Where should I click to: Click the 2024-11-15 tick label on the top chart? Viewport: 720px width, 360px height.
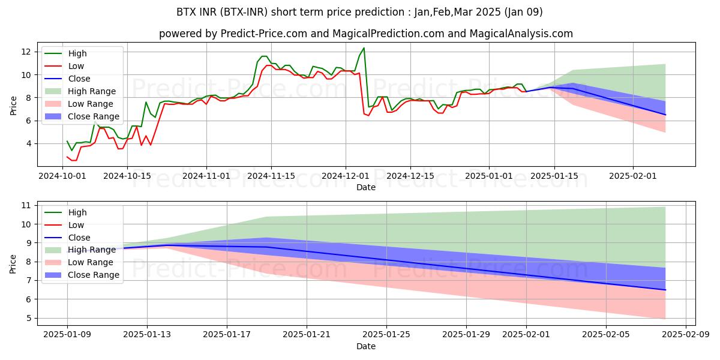click(271, 176)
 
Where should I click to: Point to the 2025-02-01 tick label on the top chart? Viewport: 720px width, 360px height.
click(633, 176)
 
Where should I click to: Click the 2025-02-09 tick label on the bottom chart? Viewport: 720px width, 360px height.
click(685, 334)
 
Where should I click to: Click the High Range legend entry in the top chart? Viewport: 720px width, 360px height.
click(92, 91)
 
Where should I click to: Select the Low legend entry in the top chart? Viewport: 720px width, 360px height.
click(76, 66)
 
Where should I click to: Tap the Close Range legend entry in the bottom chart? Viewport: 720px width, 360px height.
click(94, 275)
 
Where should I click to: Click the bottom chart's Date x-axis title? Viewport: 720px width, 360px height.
click(366, 346)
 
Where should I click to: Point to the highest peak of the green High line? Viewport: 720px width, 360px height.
click(364, 48)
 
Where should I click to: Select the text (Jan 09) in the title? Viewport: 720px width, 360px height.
click(522, 12)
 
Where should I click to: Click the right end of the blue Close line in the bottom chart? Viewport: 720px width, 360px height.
click(665, 290)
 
